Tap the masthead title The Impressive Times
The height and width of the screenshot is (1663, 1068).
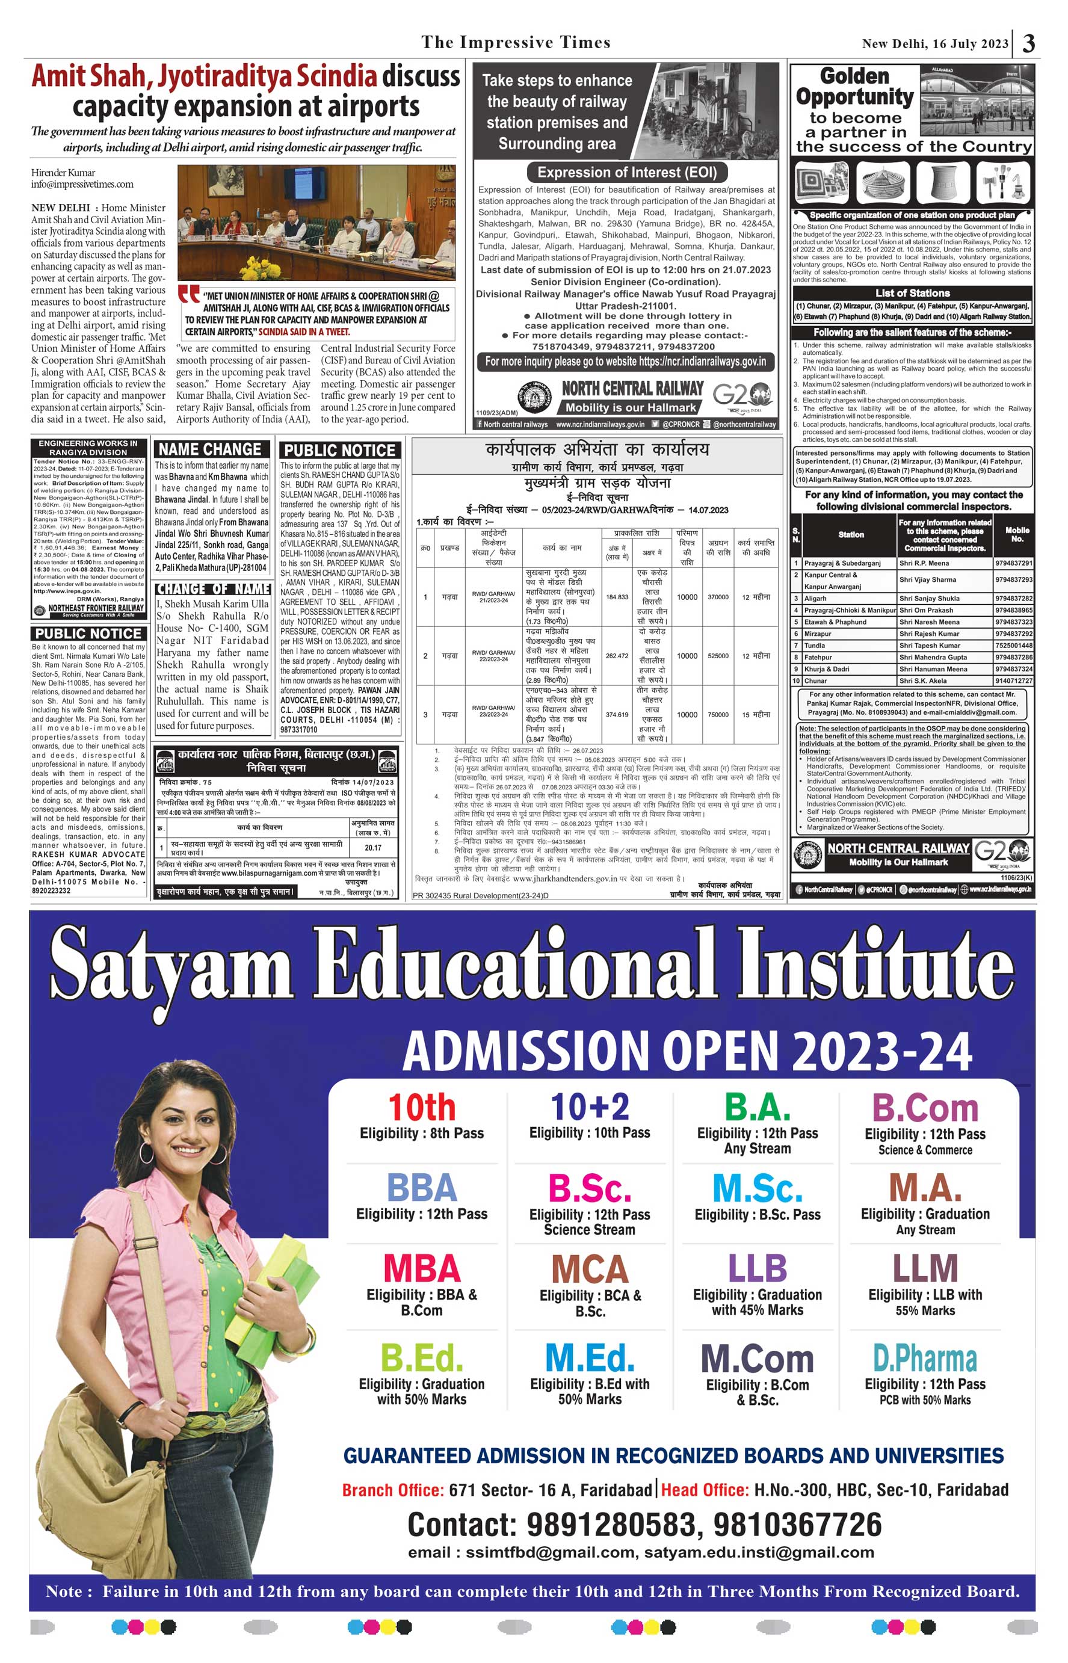[516, 42]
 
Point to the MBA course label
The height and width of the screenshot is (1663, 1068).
[422, 1268]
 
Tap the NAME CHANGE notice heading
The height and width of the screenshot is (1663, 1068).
[209, 449]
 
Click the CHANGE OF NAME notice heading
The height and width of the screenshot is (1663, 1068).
[212, 589]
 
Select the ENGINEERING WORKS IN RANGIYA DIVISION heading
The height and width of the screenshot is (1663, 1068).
[88, 447]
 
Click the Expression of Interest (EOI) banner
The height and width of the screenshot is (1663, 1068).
[627, 172]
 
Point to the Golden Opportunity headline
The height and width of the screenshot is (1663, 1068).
[854, 87]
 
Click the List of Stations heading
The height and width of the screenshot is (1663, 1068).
[912, 294]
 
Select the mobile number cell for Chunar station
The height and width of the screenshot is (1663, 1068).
[1013, 681]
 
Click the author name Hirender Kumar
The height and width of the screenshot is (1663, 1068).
[63, 173]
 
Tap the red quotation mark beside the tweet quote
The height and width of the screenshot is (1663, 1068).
[188, 295]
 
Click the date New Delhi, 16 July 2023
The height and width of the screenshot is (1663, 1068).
[935, 44]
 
